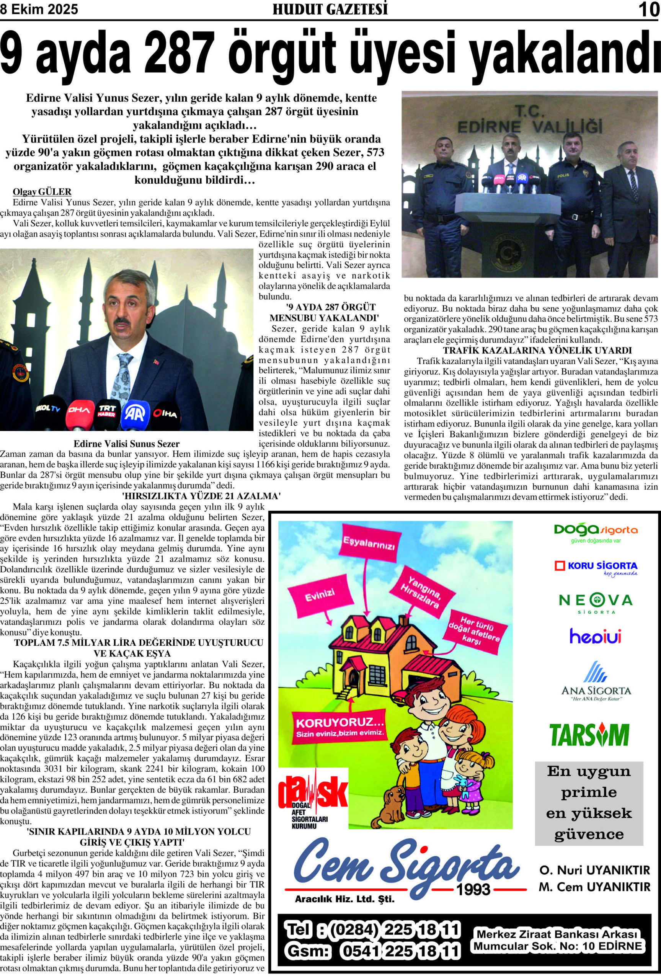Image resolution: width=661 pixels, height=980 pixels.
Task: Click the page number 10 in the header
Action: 648,9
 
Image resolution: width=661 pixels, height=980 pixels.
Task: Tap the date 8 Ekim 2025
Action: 39,9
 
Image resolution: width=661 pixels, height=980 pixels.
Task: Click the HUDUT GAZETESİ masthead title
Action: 330,9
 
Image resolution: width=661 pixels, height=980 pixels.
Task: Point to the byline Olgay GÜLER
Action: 42,192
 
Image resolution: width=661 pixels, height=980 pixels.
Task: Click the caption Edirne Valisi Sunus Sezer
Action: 126,444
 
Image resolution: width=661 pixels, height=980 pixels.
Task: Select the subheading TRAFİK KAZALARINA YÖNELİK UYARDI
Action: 537,350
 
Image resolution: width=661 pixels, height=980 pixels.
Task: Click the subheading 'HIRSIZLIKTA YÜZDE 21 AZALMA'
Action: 201,496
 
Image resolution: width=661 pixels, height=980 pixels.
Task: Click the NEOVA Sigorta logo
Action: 596,602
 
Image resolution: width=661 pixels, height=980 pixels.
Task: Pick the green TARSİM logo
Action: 589,735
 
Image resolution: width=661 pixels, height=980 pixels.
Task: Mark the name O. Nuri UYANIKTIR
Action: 594,870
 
